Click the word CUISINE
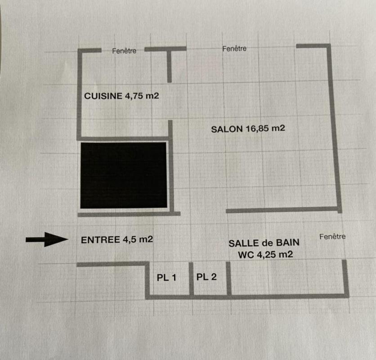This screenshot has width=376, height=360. click(x=103, y=96)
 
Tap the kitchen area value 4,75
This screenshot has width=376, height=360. click(x=134, y=96)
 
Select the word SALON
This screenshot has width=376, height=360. click(x=227, y=129)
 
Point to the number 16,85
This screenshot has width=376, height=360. click(x=257, y=129)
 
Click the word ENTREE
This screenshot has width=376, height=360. click(x=100, y=240)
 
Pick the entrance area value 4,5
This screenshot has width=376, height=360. click(x=130, y=239)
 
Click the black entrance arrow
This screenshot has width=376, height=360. click(x=47, y=239)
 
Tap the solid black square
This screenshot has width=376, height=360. click(x=124, y=175)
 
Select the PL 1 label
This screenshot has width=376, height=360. click(x=166, y=278)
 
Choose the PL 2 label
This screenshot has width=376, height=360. click(x=206, y=277)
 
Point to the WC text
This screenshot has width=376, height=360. click(x=246, y=255)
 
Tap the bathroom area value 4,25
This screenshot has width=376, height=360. click(x=266, y=255)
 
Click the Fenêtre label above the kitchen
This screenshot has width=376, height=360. click(x=124, y=51)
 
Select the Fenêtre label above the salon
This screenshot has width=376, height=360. click(x=234, y=49)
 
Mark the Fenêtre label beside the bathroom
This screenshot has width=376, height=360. click(x=332, y=237)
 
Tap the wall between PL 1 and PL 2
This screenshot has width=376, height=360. click(x=191, y=279)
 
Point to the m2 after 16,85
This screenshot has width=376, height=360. click(x=278, y=128)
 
